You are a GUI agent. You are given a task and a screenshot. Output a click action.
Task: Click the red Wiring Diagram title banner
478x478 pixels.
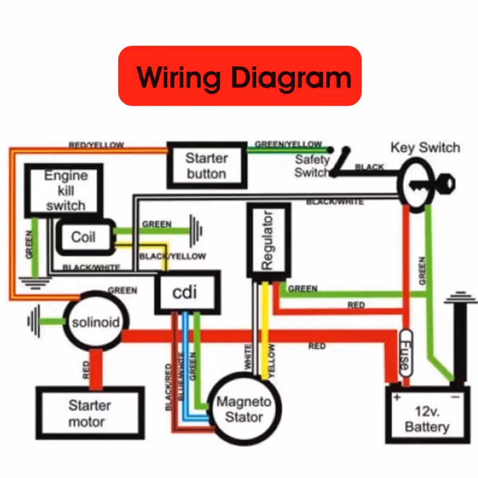[240, 76]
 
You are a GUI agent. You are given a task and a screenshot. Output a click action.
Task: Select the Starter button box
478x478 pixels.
[206, 165]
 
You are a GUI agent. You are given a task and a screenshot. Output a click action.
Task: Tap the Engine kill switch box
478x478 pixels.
[64, 190]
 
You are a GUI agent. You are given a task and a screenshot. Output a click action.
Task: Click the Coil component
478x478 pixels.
[84, 237]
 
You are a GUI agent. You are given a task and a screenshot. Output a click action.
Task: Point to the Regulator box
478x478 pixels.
[268, 240]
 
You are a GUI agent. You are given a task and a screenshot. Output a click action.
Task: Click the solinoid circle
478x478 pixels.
[96, 322]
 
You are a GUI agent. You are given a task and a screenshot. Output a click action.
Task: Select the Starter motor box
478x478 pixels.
[90, 413]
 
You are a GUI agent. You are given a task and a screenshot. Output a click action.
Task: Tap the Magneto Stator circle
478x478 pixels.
[244, 409]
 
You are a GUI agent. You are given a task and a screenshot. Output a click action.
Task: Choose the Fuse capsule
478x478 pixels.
[405, 354]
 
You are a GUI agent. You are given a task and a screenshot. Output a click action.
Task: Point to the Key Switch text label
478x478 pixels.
[425, 148]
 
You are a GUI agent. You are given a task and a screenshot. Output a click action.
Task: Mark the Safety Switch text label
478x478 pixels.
[312, 166]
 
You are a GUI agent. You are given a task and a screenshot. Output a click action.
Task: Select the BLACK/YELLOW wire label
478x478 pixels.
[172, 256]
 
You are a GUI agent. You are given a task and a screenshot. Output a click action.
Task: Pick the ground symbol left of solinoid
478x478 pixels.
[33, 321]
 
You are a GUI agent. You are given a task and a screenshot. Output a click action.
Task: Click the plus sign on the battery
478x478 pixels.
[397, 398]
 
